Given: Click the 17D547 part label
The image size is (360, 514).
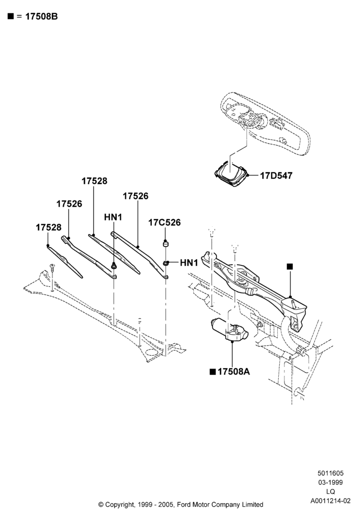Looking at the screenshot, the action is point(276,176).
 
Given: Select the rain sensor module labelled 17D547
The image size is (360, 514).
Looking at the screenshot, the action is point(231,173).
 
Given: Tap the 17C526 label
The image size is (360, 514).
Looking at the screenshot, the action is point(164,223).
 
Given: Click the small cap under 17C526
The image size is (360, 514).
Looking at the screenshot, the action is point(166,244).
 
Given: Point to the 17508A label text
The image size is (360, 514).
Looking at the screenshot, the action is point(233,372).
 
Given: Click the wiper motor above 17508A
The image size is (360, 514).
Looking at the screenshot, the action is point(230,331).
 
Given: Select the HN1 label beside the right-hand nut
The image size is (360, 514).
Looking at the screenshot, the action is point(189,263).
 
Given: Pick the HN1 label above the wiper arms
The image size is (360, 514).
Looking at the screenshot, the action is point(113,217).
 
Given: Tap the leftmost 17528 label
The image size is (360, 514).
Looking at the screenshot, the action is point(48,227).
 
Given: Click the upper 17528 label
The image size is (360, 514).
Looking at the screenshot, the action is point(95,181).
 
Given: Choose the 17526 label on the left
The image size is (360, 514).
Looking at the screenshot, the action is point(69,204).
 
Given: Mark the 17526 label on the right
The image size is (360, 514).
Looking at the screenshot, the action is point(135,196).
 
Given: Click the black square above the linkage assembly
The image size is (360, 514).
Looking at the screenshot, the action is point(290,266).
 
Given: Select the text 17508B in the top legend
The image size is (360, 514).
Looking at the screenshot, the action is point(41,17).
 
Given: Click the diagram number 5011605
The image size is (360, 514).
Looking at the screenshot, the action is point(331,473).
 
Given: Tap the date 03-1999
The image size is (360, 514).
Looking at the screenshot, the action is point(331,482).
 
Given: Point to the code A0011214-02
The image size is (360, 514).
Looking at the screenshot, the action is point(331,501).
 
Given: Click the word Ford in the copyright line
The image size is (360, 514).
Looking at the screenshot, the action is point(184,505).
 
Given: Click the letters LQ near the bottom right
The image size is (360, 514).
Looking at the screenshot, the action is point(331,491).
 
